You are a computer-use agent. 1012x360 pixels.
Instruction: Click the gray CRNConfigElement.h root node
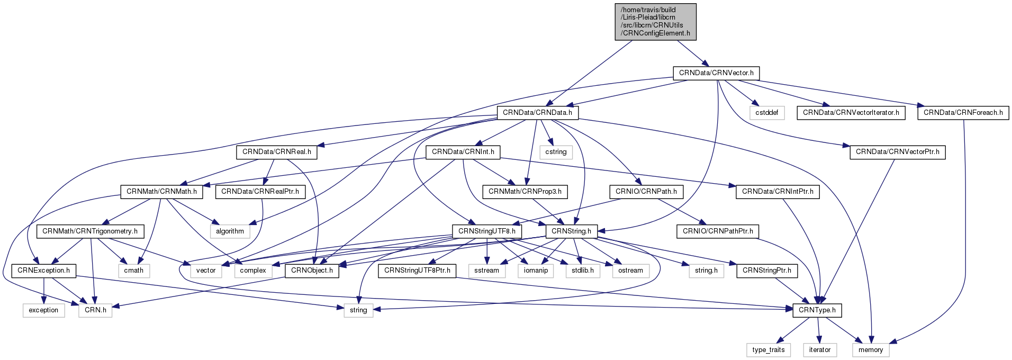(x=655, y=22)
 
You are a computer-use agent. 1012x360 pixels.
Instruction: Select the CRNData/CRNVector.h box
(x=716, y=73)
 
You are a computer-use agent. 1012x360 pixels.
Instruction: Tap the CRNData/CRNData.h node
(x=537, y=113)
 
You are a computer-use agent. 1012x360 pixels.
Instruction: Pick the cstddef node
(x=766, y=113)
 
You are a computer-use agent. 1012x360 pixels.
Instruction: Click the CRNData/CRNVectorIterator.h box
(x=851, y=113)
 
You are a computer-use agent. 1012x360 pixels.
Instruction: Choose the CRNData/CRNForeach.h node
(x=963, y=113)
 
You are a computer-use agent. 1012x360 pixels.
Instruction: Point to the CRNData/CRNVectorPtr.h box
(x=897, y=152)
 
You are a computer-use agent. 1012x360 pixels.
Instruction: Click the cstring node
(x=556, y=152)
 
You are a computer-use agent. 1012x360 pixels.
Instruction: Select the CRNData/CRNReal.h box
(x=276, y=152)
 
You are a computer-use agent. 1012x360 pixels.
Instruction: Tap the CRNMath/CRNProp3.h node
(x=525, y=192)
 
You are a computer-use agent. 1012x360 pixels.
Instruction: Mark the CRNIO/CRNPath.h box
(x=646, y=192)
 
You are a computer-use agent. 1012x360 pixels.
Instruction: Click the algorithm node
(x=230, y=231)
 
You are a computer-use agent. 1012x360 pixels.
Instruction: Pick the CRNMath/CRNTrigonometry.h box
(x=89, y=231)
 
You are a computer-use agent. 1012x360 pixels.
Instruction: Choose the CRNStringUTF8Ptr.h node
(x=417, y=271)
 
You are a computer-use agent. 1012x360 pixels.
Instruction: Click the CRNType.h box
(x=817, y=310)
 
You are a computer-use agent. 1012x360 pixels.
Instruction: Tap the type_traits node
(x=769, y=350)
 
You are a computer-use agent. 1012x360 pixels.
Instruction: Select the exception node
(x=43, y=310)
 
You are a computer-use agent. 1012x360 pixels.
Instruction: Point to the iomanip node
(x=536, y=271)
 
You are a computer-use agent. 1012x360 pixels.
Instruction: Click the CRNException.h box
(x=43, y=271)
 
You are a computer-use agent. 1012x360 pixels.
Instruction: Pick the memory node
(x=871, y=350)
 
